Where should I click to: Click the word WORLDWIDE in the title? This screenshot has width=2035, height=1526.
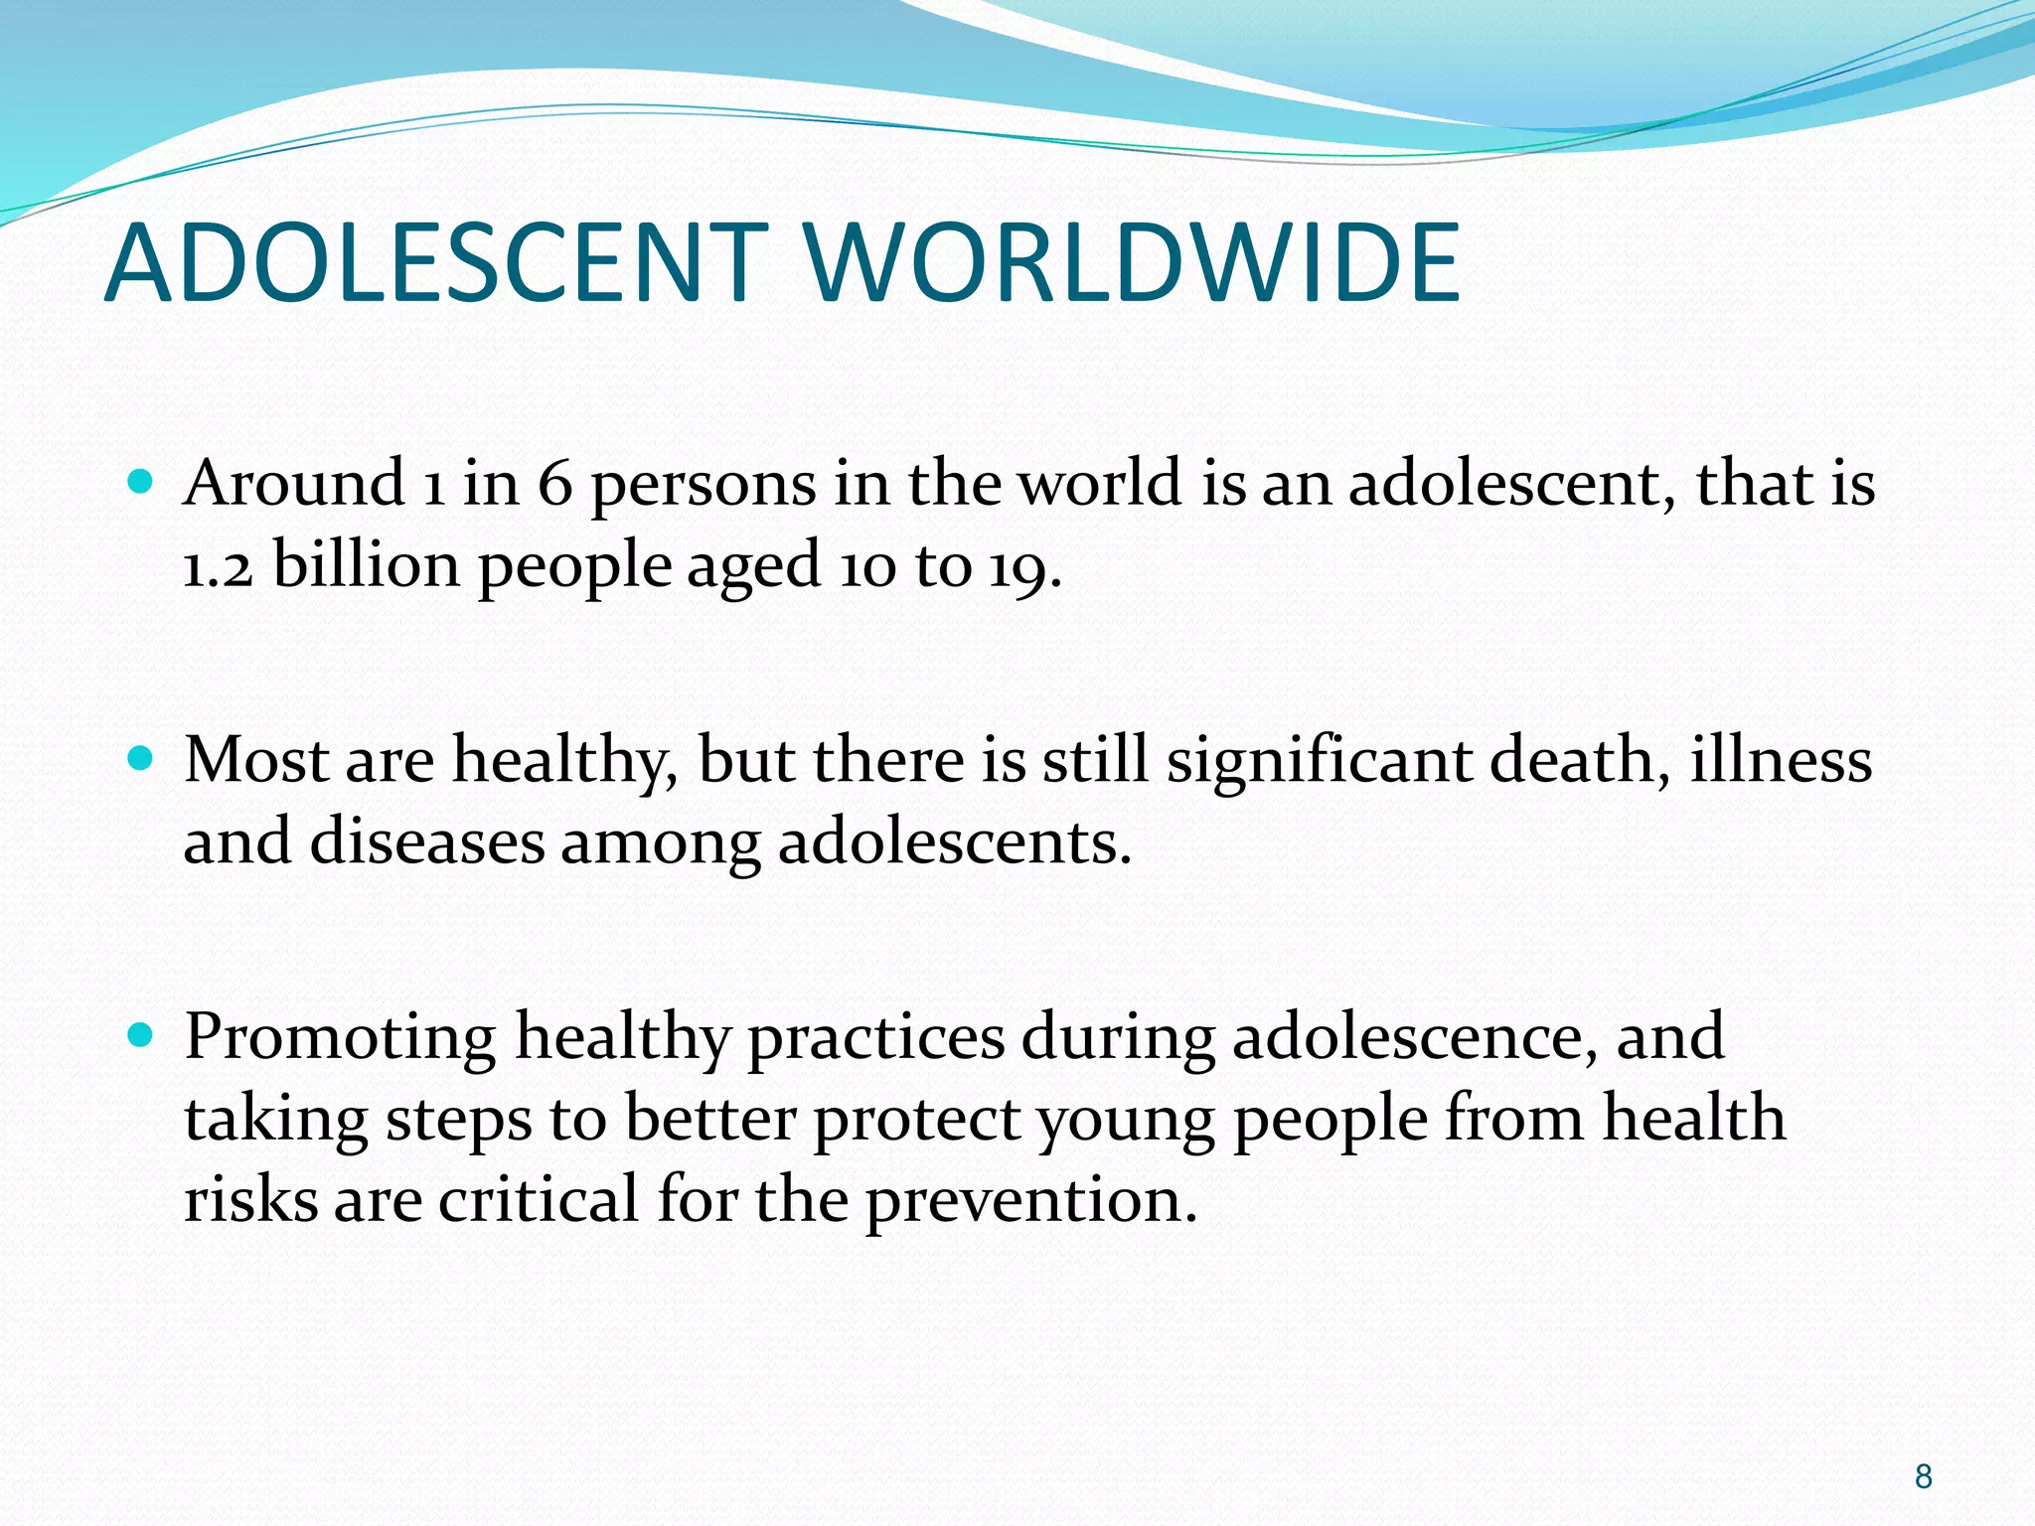click(1132, 262)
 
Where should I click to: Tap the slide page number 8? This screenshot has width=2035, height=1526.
click(1923, 1476)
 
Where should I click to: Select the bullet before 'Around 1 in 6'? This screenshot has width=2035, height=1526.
click(141, 483)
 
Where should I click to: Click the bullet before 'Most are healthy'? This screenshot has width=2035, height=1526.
click(141, 760)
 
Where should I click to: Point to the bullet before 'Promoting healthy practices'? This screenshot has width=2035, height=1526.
click(141, 1036)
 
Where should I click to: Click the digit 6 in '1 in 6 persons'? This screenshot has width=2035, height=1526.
click(555, 485)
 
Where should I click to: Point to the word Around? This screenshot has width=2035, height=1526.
click(294, 485)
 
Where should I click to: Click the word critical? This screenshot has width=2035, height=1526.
click(539, 1200)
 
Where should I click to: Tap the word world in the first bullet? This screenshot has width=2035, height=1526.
click(1102, 485)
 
